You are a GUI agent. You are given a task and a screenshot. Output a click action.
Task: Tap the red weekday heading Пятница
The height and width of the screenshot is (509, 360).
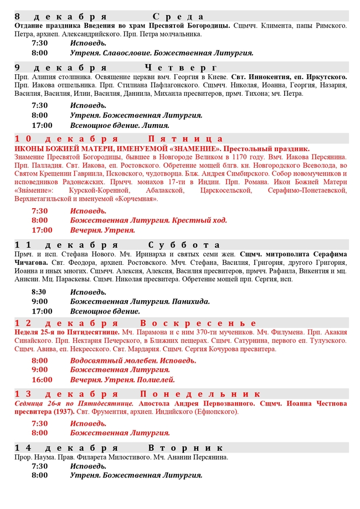[186, 138]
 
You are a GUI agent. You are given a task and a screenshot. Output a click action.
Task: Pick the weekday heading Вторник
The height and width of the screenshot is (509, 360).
[186, 448]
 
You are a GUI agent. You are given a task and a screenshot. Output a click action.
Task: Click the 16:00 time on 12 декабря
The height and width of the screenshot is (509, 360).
[42, 379]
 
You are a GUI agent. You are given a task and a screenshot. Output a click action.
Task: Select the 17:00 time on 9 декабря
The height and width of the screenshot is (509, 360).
[42, 125]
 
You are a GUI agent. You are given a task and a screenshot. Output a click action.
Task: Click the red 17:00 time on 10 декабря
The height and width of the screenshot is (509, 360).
[42, 230]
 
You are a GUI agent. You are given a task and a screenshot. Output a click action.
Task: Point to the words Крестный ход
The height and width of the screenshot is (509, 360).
[199, 220]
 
